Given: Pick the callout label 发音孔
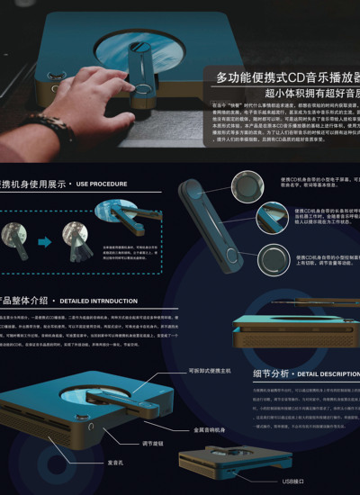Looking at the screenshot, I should click(114, 462).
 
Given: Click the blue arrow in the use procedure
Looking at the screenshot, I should click(44, 241).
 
